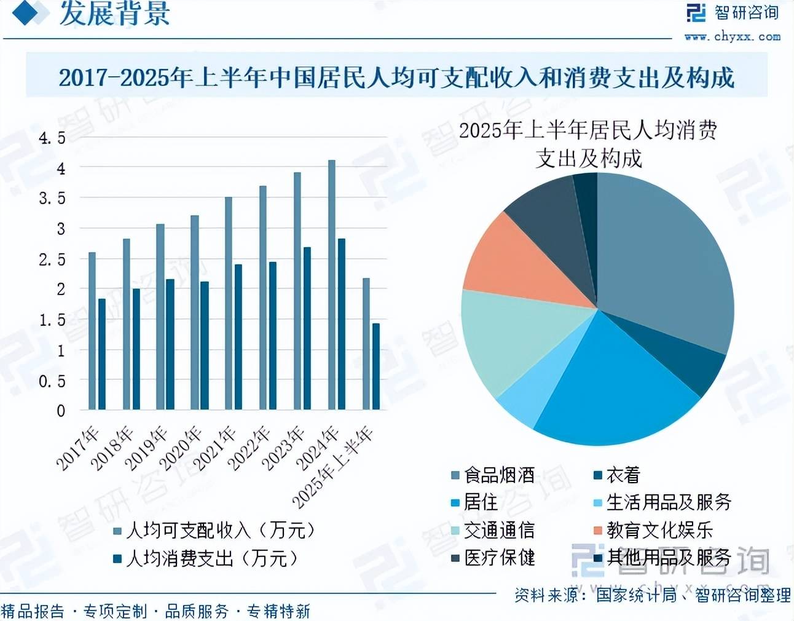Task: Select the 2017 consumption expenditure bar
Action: (102, 354)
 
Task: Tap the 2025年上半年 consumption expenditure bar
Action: (376, 366)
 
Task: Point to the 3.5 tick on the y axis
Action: (52, 199)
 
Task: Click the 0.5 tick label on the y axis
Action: (52, 381)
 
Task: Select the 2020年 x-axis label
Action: (181, 448)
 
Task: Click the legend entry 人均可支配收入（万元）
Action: (215, 530)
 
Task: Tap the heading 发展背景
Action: (114, 14)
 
